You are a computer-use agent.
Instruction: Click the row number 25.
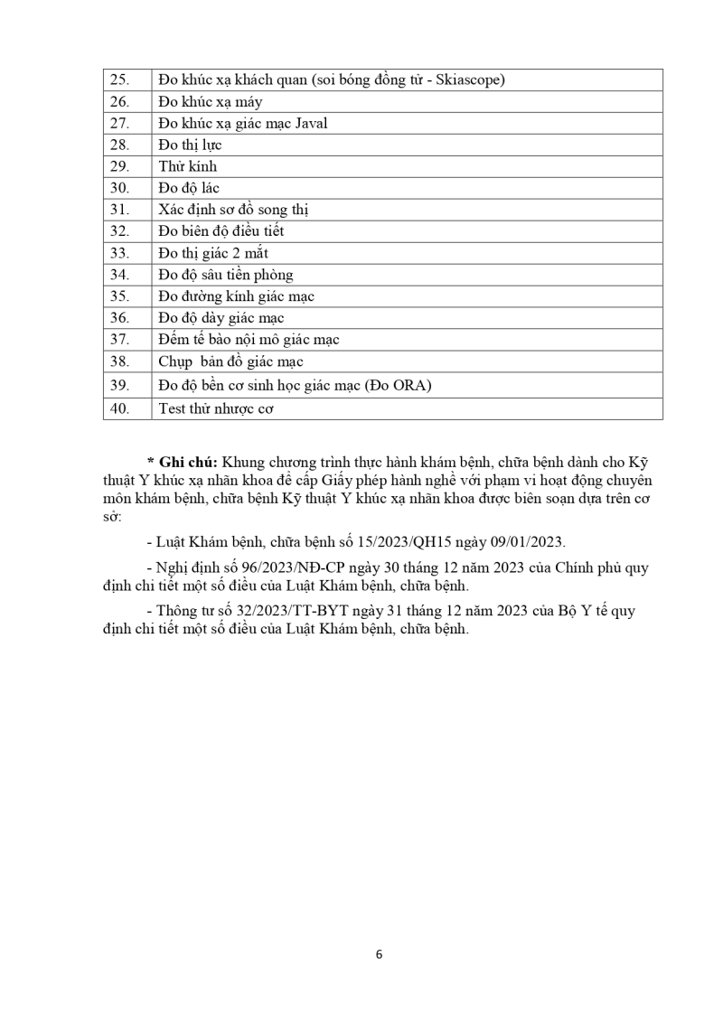[120, 80]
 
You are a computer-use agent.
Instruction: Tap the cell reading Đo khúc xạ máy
[210, 102]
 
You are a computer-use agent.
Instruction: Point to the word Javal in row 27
[308, 124]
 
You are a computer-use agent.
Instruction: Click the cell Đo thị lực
[190, 145]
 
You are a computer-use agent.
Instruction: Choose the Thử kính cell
[187, 167]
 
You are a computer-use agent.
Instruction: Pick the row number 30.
[120, 188]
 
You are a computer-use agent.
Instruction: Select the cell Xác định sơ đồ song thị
[233, 210]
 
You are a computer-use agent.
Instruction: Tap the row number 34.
[120, 275]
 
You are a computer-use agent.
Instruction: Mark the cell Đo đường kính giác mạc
[236, 296]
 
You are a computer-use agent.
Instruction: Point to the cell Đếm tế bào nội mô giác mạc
[249, 340]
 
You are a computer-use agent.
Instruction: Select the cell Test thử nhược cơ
[216, 408]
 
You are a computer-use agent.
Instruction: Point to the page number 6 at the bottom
[380, 954]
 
